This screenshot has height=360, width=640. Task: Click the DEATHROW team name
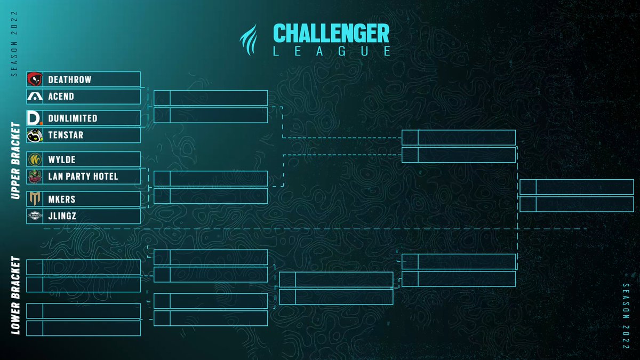(69, 79)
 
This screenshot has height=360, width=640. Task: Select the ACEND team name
(61, 97)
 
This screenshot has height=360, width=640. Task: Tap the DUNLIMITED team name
(73, 118)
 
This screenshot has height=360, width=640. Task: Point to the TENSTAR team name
(66, 135)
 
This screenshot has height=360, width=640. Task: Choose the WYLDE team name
(61, 159)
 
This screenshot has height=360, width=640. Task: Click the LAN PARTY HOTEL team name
(83, 176)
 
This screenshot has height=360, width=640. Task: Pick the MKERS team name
(61, 199)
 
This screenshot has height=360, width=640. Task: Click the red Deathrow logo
(35, 79)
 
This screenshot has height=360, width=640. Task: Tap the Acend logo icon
(35, 97)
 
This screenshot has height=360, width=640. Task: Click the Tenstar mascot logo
(35, 135)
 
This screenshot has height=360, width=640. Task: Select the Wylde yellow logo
(35, 159)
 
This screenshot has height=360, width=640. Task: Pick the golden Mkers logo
(35, 199)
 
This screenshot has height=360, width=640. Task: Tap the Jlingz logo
(35, 216)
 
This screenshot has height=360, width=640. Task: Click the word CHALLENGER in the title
(331, 33)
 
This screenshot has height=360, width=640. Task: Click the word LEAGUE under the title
(331, 51)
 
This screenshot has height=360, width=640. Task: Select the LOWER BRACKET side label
(15, 296)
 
